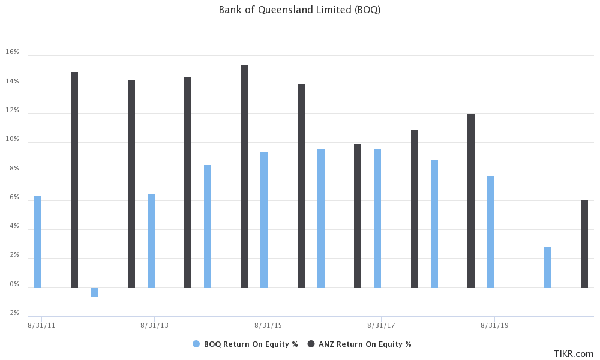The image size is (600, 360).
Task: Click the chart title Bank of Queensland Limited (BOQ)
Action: (x=299, y=10)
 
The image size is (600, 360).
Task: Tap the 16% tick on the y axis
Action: (x=13, y=52)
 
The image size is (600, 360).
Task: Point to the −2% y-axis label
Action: (x=13, y=313)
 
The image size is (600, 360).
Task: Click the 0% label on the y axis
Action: (x=14, y=284)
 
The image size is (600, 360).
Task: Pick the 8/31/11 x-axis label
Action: (x=41, y=325)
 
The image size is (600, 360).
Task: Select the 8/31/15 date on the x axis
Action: (x=268, y=325)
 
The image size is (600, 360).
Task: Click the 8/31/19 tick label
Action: (x=494, y=325)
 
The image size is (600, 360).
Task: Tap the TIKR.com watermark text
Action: (x=574, y=354)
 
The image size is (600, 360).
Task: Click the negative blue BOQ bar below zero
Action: (x=94, y=292)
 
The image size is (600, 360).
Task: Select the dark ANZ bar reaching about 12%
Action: (x=471, y=201)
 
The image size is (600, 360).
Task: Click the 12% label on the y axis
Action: (x=13, y=110)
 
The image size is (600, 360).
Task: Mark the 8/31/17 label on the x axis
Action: (x=381, y=325)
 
